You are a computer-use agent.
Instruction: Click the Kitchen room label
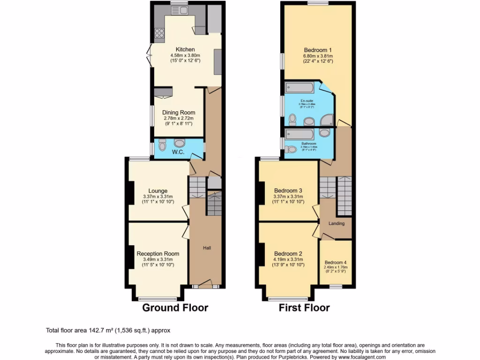click(x=185, y=49)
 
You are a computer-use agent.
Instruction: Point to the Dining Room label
click(x=179, y=112)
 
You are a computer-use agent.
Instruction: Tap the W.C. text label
click(x=177, y=152)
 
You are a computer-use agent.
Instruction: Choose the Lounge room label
click(x=158, y=191)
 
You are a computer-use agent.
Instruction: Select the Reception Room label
click(x=157, y=254)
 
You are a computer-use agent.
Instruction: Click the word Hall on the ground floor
click(x=207, y=247)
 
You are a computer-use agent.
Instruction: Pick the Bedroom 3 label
click(x=288, y=190)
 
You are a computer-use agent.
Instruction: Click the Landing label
click(x=336, y=224)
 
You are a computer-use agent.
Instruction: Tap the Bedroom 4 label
click(x=335, y=262)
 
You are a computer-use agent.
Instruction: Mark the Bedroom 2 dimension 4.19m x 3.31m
click(x=288, y=259)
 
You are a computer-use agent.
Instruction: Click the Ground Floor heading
click(x=175, y=308)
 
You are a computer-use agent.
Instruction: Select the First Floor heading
click(x=304, y=308)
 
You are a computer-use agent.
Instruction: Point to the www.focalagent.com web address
click(x=360, y=357)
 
